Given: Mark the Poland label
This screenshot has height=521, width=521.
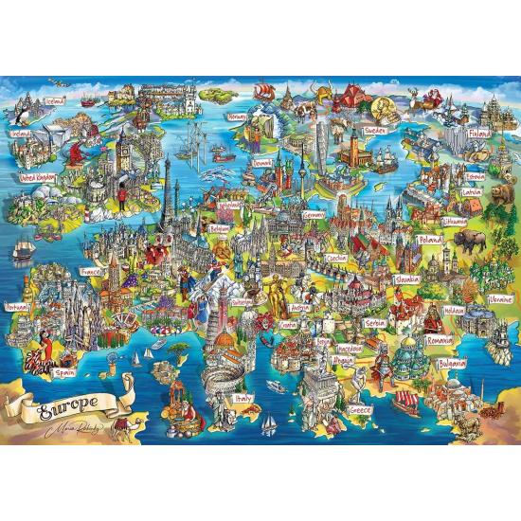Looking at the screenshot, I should [x=431, y=241].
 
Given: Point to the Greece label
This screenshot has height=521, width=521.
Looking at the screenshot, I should [x=360, y=410].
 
